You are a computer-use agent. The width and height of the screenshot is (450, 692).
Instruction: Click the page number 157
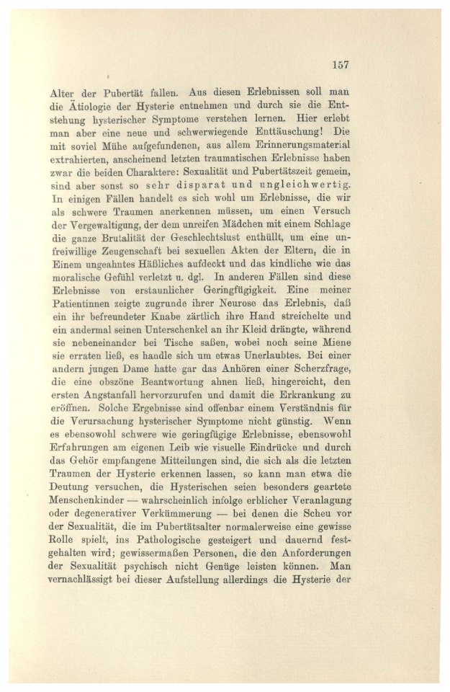[x=341, y=65]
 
